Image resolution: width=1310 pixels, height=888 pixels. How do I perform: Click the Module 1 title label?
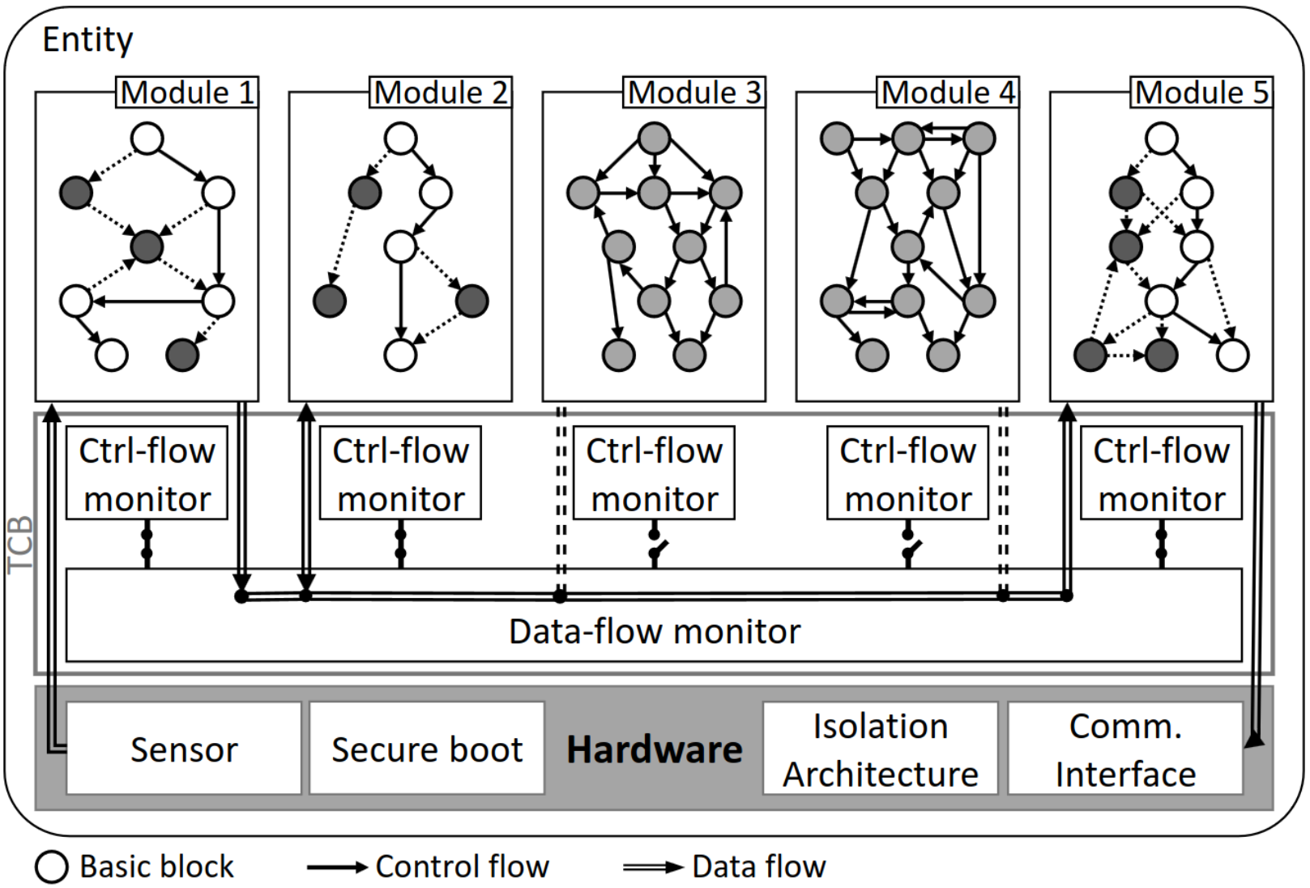[x=187, y=92]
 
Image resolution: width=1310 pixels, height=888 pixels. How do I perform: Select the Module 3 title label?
[x=694, y=92]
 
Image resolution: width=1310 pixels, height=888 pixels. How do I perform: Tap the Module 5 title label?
[x=1201, y=92]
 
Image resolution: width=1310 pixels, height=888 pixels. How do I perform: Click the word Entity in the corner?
[x=87, y=41]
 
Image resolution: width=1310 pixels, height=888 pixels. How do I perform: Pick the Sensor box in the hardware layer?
[x=184, y=748]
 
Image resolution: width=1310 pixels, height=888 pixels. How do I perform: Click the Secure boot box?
[x=427, y=748]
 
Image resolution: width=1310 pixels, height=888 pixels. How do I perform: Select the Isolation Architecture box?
[x=880, y=748]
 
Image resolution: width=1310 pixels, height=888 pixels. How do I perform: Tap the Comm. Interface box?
[x=1125, y=748]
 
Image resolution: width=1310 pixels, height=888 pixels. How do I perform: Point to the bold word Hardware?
[x=655, y=749]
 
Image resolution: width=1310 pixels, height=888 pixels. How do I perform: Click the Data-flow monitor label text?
[x=655, y=632]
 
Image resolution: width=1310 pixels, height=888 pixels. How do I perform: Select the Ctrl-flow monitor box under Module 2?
[x=400, y=472]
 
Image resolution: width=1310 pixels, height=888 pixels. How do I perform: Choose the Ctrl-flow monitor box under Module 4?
[x=907, y=472]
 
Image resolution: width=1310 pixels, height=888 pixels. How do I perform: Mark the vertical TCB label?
[x=20, y=544]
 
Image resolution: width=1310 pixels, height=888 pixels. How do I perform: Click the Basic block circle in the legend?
[x=52, y=866]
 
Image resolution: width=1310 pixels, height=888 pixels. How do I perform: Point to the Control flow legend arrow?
[x=338, y=867]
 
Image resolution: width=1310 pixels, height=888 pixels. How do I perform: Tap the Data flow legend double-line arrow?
[x=653, y=867]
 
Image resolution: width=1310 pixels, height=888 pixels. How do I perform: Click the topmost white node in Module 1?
[x=147, y=139]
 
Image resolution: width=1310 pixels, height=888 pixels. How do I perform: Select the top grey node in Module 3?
[x=655, y=139]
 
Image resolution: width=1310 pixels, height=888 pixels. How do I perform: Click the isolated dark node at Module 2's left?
[x=330, y=301]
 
